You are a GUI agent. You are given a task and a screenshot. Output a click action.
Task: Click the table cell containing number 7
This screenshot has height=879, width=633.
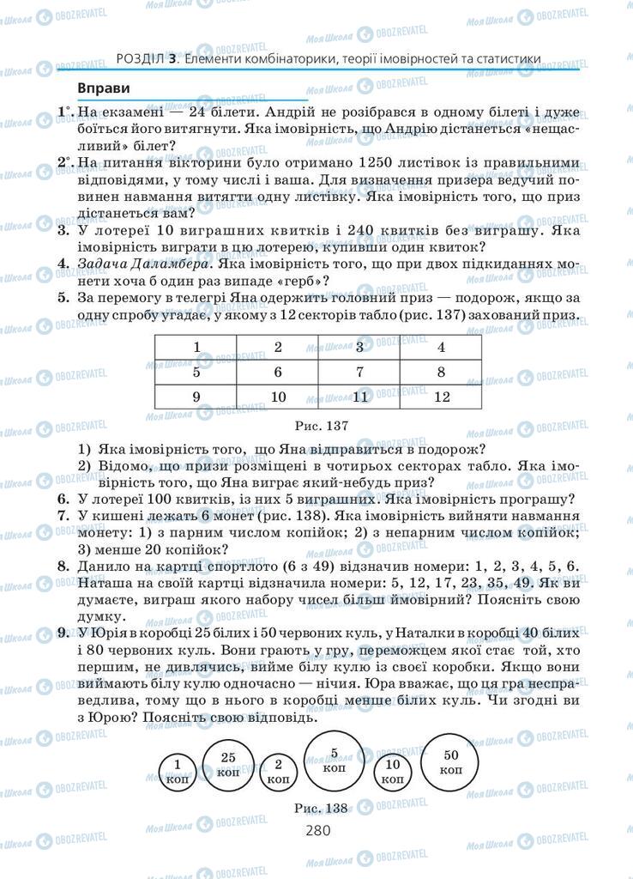tap(359, 373)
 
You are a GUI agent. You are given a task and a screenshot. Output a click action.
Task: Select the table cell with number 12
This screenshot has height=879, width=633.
tap(442, 397)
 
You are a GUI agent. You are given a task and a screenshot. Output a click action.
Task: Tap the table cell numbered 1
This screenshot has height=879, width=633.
tap(196, 348)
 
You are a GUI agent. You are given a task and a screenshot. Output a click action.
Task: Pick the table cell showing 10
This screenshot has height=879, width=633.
tap(278, 397)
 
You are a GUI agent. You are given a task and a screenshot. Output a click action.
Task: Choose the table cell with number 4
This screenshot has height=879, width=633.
tap(442, 348)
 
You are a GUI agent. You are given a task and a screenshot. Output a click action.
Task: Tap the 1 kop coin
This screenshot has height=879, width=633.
tap(177, 769)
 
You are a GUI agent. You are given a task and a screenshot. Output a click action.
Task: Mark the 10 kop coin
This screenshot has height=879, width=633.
tap(393, 771)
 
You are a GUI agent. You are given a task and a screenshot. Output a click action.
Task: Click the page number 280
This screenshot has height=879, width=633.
tap(317, 830)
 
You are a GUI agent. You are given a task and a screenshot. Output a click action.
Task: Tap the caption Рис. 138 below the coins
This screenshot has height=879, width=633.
tap(320, 807)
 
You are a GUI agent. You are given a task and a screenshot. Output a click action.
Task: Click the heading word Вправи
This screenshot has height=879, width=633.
tap(103, 88)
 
